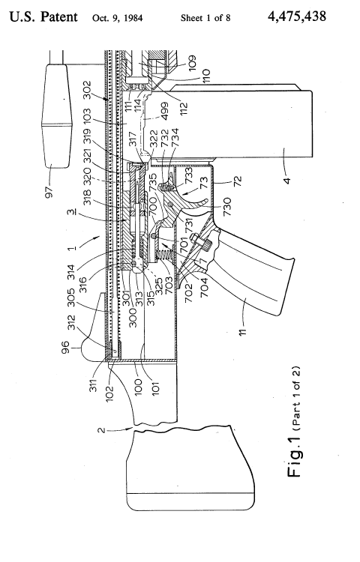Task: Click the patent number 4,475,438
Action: [x=296, y=16]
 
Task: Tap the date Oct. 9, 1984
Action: [x=117, y=18]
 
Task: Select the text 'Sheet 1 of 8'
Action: [x=205, y=18]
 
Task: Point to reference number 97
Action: [x=49, y=190]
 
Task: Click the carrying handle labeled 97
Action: [x=57, y=115]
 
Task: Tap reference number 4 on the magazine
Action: [x=286, y=179]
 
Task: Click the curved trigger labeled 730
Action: [x=199, y=201]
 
